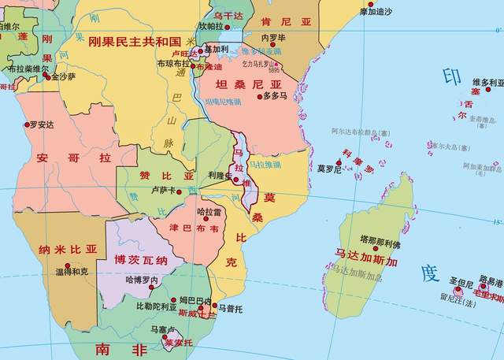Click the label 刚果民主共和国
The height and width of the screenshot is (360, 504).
[x=135, y=41]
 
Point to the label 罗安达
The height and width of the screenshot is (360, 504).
[x=41, y=124]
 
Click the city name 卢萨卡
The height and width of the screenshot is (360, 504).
[x=164, y=191]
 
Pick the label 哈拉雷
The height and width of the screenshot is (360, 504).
[x=209, y=212]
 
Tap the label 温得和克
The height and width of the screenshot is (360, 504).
[x=72, y=272]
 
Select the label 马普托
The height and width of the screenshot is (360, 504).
[x=231, y=308]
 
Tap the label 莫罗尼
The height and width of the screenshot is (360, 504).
[x=328, y=169]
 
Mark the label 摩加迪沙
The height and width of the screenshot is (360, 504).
[x=376, y=12]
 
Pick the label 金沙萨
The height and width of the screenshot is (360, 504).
[x=61, y=77]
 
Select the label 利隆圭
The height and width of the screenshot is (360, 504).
[x=219, y=175]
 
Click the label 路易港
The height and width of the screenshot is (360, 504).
[x=489, y=282]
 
